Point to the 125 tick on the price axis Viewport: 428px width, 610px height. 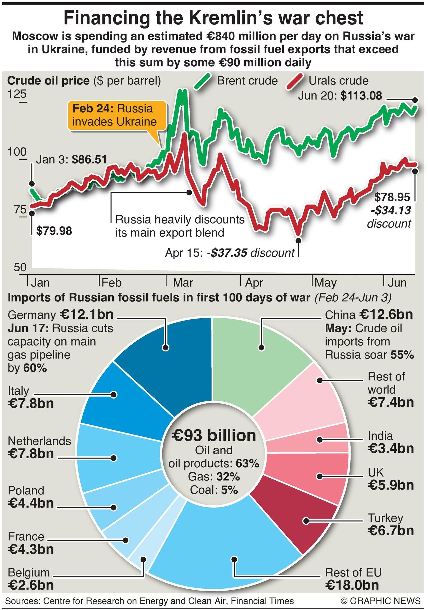(17, 95)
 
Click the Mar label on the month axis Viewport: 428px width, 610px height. (183, 283)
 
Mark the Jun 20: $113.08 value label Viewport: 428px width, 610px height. (340, 96)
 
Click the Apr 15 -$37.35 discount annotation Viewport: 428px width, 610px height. (230, 253)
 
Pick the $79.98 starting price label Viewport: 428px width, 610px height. (54, 231)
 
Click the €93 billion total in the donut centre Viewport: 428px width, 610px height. (214, 435)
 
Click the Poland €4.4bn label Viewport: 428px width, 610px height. (31, 497)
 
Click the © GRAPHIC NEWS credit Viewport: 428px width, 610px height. (380, 601)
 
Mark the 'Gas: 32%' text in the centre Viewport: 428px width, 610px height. (214, 477)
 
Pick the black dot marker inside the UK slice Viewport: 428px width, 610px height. (320, 476)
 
